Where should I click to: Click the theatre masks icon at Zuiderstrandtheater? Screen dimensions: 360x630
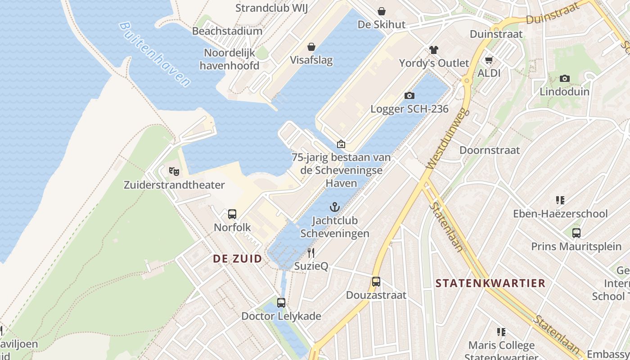174,171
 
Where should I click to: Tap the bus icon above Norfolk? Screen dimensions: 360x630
232,214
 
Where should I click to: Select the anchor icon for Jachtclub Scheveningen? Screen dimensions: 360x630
334,207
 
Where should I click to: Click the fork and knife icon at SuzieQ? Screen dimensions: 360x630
311,252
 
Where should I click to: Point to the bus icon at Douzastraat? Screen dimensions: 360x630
376,282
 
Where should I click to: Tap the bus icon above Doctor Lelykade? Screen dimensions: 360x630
281,302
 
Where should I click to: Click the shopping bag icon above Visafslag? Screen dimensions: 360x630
311,47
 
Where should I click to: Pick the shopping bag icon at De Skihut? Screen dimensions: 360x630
382,11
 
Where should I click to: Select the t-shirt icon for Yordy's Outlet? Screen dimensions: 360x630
434,49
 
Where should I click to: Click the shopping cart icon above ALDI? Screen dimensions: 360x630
489,60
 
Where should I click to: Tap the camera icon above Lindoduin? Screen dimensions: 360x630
564,78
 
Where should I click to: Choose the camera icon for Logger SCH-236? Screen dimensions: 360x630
409,95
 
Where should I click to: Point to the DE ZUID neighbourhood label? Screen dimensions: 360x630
237,258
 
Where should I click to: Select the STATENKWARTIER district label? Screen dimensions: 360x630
490,283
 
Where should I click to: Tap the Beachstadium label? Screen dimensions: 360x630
227,31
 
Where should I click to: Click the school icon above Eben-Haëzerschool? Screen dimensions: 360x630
560,200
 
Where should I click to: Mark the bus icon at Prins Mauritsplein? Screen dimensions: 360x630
576,233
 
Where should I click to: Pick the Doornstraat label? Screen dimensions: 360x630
490,150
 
